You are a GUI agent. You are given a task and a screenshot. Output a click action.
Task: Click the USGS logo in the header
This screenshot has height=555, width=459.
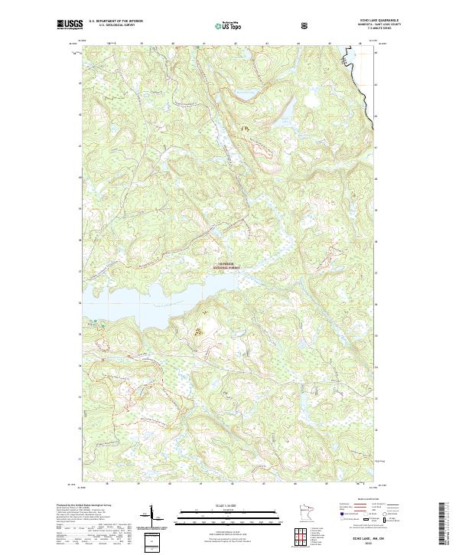70,24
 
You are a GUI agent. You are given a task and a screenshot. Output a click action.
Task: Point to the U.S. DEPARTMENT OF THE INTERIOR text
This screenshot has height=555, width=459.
116,21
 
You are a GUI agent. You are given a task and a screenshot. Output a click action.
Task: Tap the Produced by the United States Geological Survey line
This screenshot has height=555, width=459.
84,505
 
